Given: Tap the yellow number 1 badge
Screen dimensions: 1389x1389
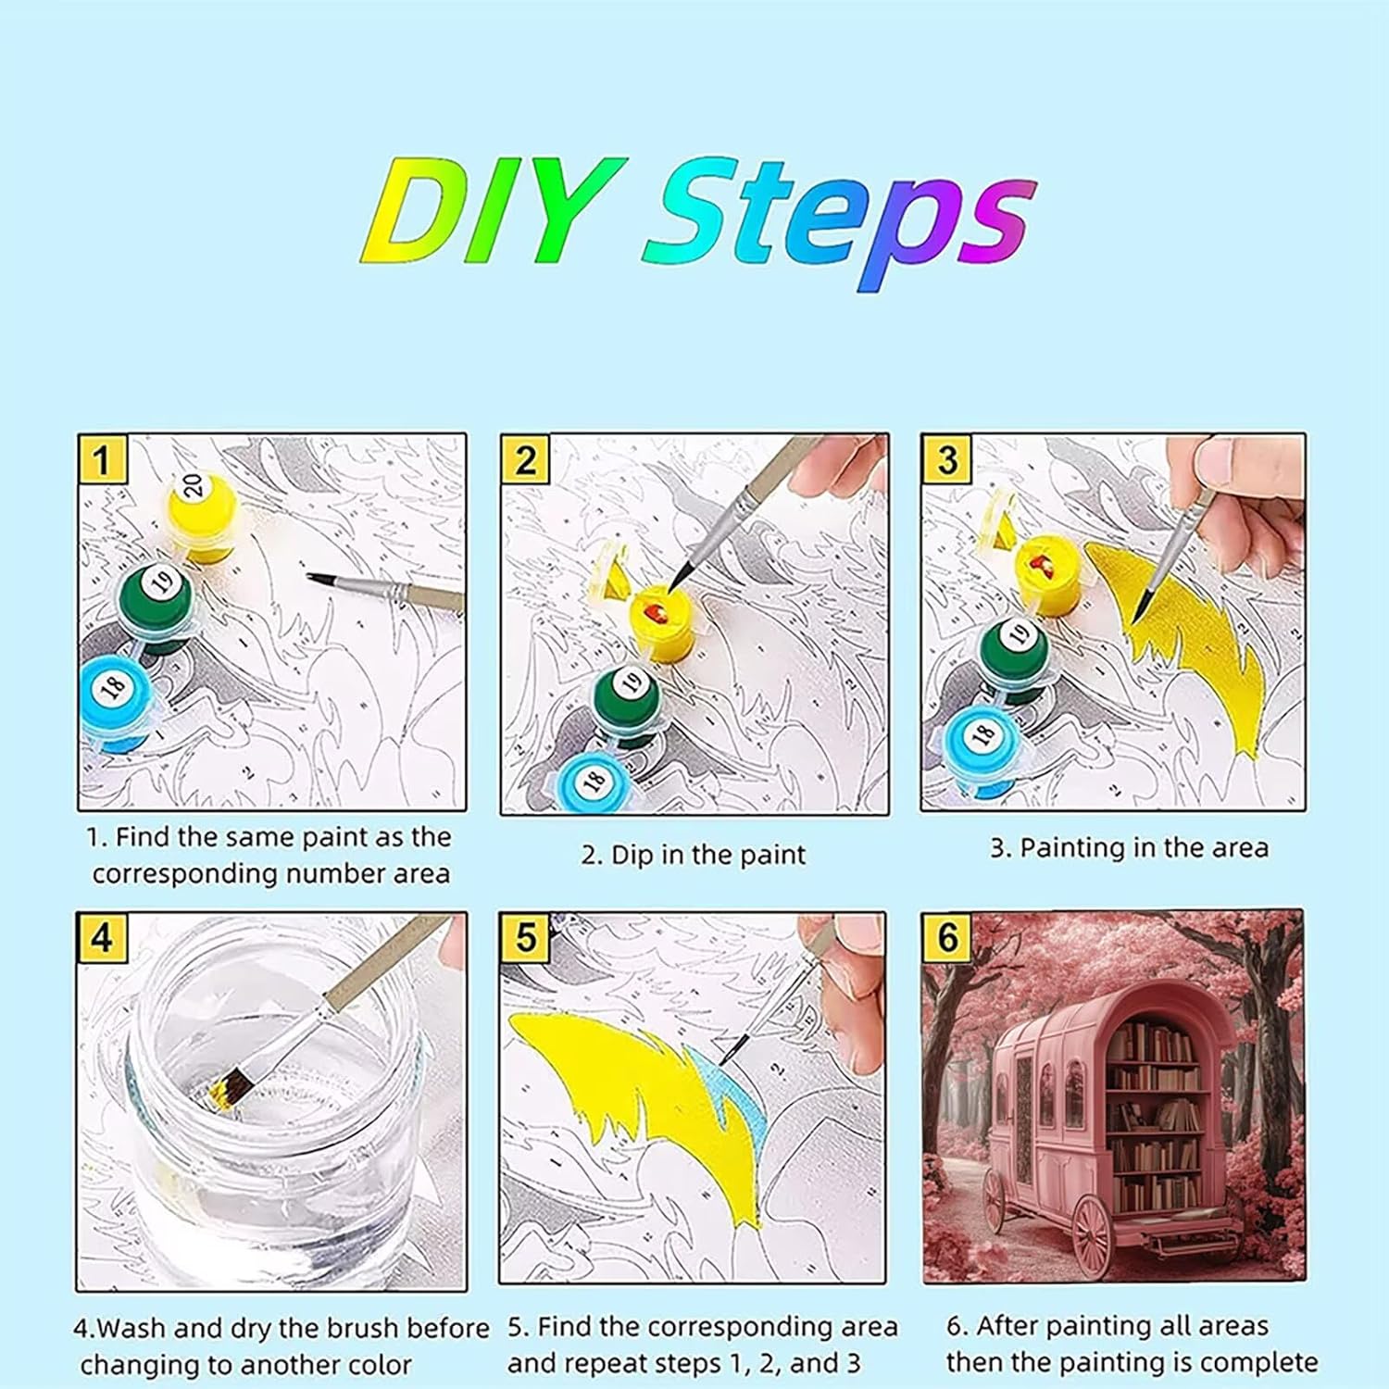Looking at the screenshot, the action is coord(101,459).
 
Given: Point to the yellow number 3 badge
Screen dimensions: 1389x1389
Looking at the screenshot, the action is coord(946,459).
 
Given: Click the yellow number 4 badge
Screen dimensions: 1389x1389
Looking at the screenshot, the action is coord(102,937).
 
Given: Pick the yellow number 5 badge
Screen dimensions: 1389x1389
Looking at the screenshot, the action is coord(525,937).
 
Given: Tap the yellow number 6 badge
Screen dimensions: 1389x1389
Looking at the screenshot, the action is coord(947,937).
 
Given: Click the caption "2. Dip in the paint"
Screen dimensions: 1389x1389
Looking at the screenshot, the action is coord(694,854).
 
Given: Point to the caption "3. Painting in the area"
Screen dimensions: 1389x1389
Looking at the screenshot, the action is coord(1130,847).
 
